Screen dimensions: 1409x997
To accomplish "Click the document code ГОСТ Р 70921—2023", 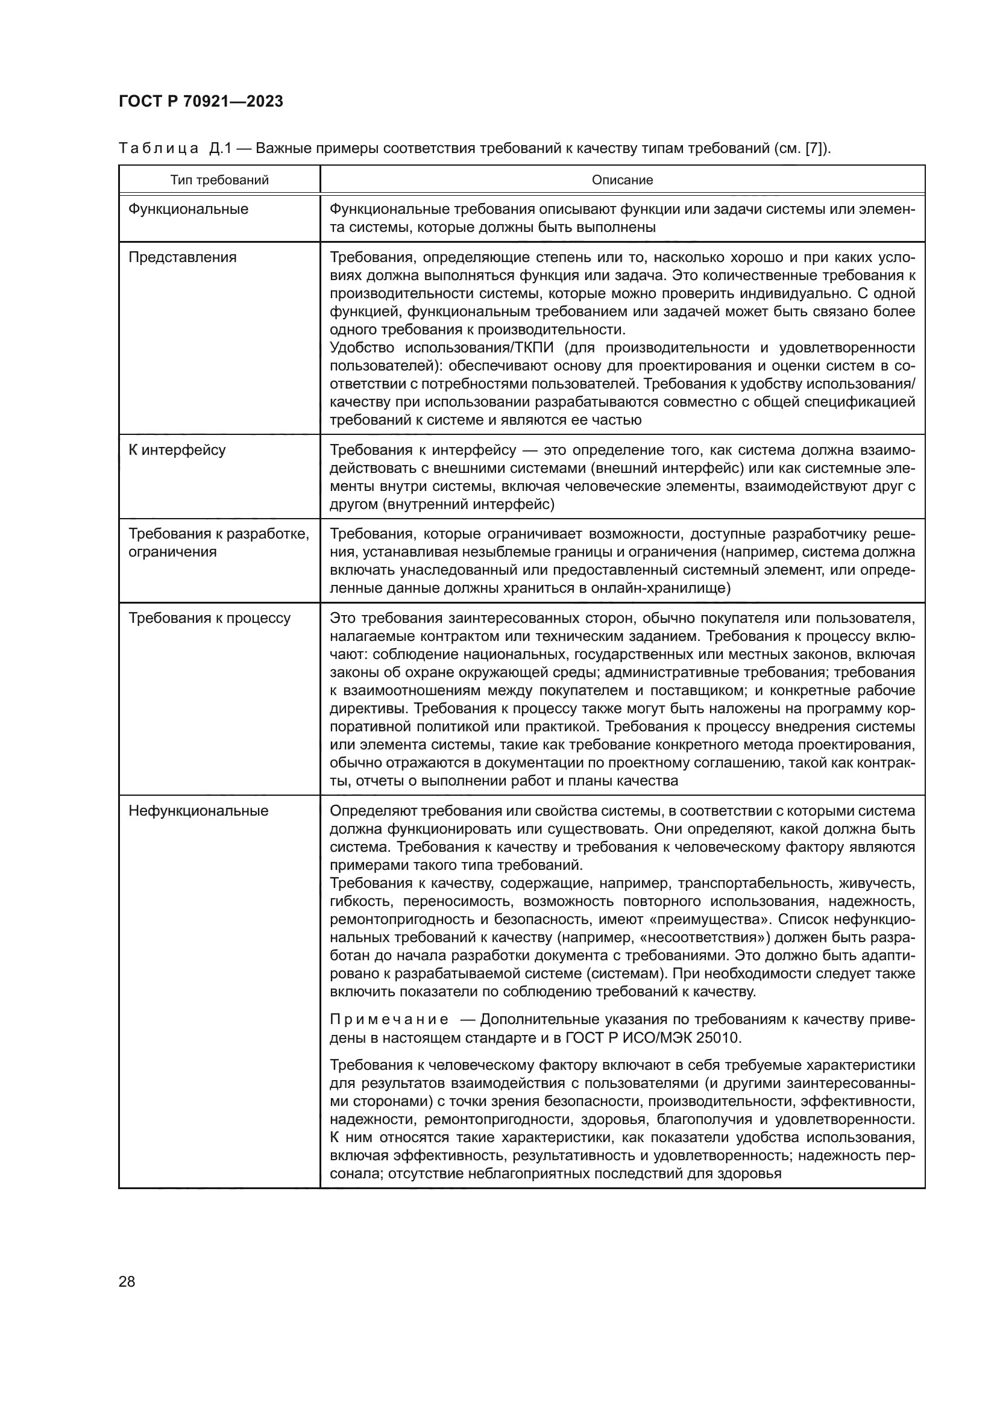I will point(201,101).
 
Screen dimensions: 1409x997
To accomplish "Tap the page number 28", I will point(127,1281).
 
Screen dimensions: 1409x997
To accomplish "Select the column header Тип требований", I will point(219,181).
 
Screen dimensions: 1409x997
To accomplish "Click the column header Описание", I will point(622,181).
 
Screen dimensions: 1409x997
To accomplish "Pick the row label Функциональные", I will point(189,209).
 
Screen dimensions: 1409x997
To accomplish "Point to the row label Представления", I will point(182,257).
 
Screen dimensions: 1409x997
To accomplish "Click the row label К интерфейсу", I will point(177,450).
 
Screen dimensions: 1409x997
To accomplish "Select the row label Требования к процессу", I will point(209,618).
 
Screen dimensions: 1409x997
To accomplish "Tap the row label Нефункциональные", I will point(198,811).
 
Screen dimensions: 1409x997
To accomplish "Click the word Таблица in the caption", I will point(159,149).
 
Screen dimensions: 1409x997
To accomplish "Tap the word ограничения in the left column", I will point(172,552).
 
